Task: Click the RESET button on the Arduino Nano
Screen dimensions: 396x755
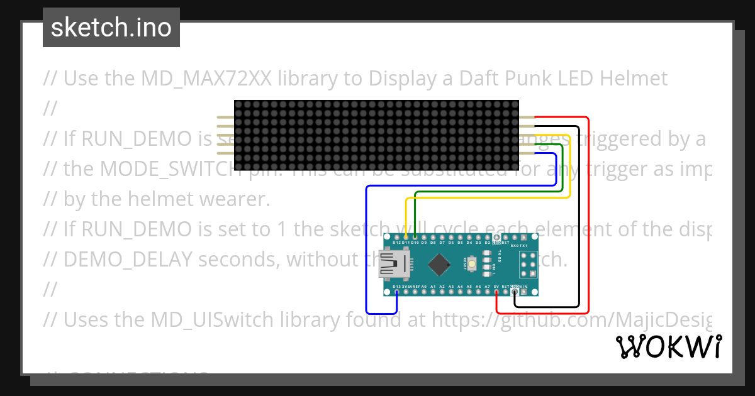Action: (x=470, y=265)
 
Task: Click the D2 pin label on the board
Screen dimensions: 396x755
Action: (x=488, y=242)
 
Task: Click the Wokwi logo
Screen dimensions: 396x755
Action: (x=668, y=346)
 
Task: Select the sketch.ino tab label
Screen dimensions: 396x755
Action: (x=111, y=28)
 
